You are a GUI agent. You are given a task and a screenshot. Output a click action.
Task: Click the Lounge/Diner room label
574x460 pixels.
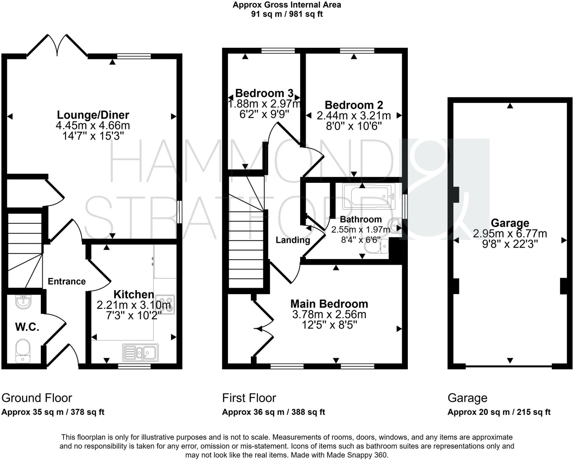[x=93, y=115]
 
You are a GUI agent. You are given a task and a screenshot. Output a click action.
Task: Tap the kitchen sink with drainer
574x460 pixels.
[x=140, y=353]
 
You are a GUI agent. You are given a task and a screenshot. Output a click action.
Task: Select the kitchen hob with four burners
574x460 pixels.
[x=165, y=304]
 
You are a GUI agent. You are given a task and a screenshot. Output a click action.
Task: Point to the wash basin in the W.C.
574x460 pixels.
[x=23, y=302]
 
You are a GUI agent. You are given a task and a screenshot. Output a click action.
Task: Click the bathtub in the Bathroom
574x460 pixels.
[x=369, y=196]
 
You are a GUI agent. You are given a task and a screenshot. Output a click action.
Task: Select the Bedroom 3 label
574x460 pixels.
[x=264, y=93]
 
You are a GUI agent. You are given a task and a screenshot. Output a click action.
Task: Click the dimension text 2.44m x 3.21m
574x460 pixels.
[x=354, y=115]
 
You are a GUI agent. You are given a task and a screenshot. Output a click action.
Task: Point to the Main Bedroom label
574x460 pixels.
[x=329, y=304]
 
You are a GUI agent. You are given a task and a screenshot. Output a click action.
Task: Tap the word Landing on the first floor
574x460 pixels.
[x=293, y=240]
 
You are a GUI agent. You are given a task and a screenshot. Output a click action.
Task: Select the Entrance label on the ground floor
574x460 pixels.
[x=66, y=281]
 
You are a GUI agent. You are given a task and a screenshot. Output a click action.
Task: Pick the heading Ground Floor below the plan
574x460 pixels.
[x=37, y=398]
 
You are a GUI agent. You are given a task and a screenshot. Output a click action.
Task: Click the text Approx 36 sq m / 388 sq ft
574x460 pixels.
[x=273, y=412]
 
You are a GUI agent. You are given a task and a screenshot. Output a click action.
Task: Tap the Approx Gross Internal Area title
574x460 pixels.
[x=287, y=5]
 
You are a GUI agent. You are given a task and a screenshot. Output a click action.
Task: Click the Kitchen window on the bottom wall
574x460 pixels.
[x=134, y=366]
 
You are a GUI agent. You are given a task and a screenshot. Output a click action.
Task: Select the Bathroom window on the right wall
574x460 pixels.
[x=405, y=207]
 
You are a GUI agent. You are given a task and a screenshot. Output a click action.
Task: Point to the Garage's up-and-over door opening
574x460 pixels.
[x=508, y=366]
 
